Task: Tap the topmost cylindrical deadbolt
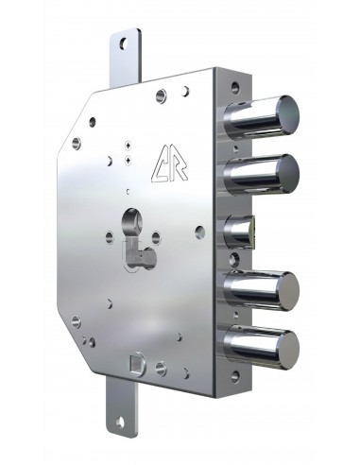point(262,115)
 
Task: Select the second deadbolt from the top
point(262,174)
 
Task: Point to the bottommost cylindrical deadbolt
point(262,349)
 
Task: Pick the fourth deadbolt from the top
point(262,290)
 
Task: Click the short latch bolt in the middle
point(239,232)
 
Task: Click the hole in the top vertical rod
point(124,43)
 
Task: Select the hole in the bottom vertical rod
point(120,422)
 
